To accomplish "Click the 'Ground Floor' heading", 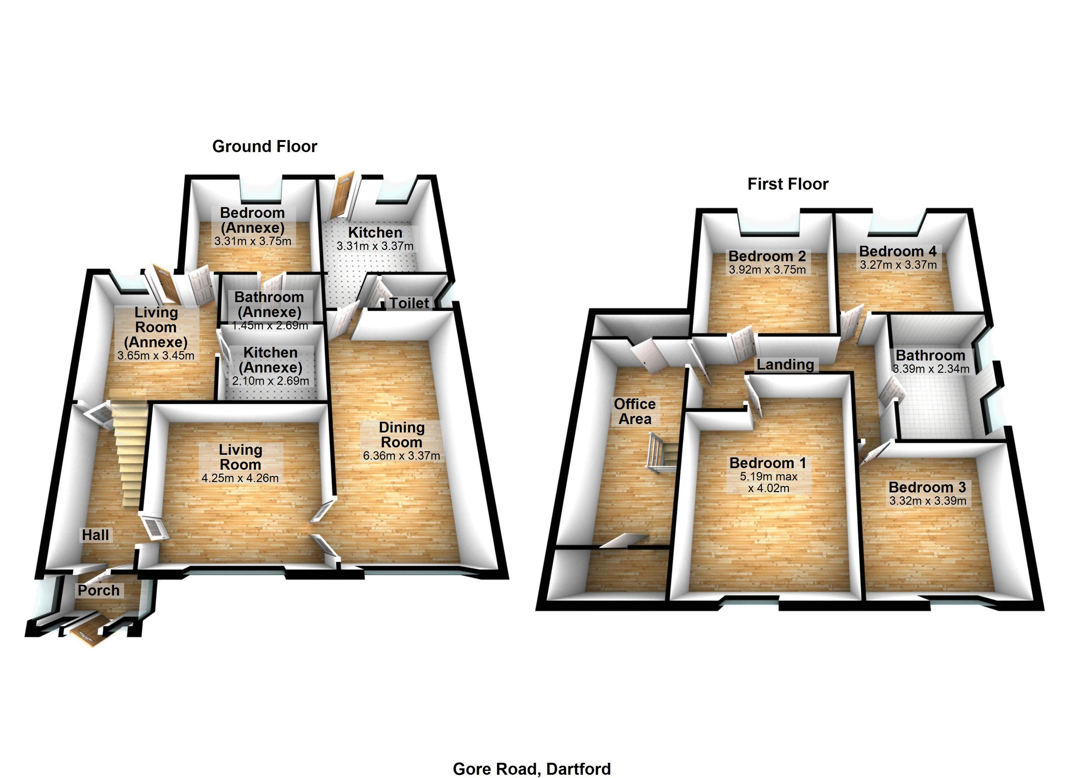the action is coord(265,147).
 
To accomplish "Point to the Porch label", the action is coord(99,590).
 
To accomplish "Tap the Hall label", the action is coord(95,535).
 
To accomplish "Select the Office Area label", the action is coord(635,411).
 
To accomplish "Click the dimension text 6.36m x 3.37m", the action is coord(401,456).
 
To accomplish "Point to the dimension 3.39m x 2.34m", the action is coord(930,369).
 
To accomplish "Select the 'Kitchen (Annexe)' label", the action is coord(270,360).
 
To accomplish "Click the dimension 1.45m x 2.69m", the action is coord(269,325).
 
